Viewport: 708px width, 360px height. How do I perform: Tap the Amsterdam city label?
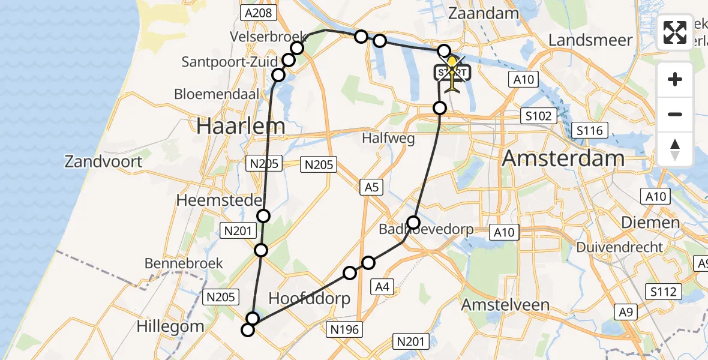pos(563,159)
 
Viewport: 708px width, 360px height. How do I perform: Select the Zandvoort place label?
pos(104,161)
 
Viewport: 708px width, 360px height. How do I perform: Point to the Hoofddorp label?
pos(309,299)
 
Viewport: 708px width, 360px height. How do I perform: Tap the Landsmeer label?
pos(590,40)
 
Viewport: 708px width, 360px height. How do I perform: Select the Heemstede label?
pos(219,200)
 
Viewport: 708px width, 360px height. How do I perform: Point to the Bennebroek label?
pos(184,263)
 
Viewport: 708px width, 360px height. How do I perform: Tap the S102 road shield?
pos(538,116)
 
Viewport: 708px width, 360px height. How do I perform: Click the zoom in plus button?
pos(675,79)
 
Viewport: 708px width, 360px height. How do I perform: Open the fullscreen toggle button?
pos(675,32)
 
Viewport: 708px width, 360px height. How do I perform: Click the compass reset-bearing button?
pos(675,149)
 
